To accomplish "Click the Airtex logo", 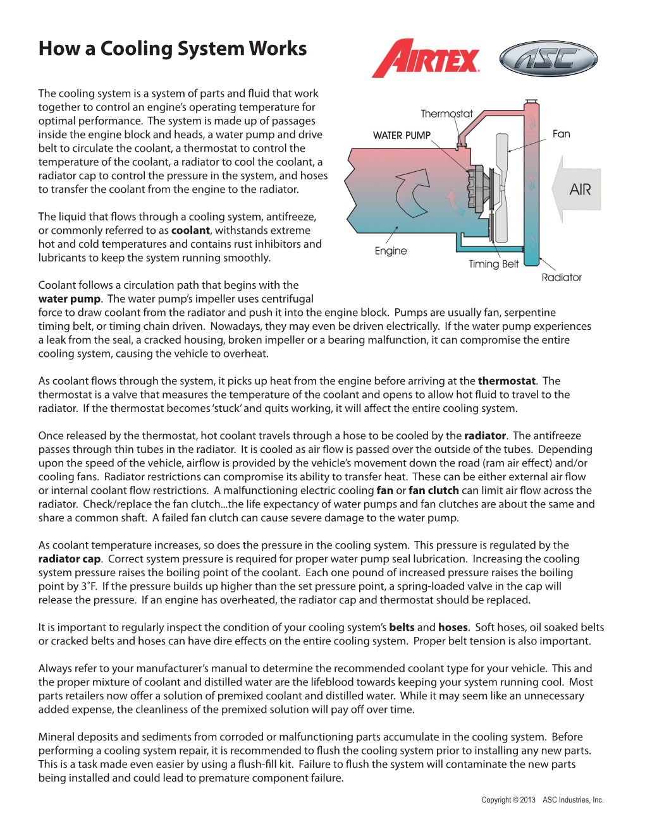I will (426, 59).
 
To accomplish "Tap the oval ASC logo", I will (548, 59).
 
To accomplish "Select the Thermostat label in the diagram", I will (446, 114).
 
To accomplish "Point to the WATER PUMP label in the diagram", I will (402, 135).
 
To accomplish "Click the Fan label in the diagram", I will (561, 134).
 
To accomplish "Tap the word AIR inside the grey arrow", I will (580, 190).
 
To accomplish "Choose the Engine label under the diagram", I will (391, 251).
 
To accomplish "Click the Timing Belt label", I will (493, 264).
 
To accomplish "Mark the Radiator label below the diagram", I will (562, 277).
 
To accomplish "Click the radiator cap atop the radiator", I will (531, 102).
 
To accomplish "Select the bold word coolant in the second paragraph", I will (190, 231).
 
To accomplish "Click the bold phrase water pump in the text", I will (69, 299).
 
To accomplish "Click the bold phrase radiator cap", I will (69, 559).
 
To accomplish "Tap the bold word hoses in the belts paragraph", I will (453, 627).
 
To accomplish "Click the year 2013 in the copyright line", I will (527, 800).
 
